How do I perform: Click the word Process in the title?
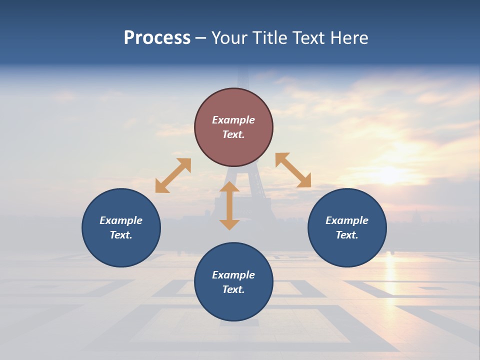tap(157, 38)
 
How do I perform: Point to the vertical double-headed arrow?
tap(229, 206)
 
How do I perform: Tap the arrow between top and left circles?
tap(173, 175)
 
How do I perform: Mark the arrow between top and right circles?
tap(293, 170)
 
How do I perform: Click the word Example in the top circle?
tap(233, 120)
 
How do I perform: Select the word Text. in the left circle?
tap(121, 235)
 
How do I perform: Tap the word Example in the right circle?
tap(347, 220)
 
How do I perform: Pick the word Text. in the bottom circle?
tap(233, 289)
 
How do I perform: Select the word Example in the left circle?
tap(121, 220)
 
